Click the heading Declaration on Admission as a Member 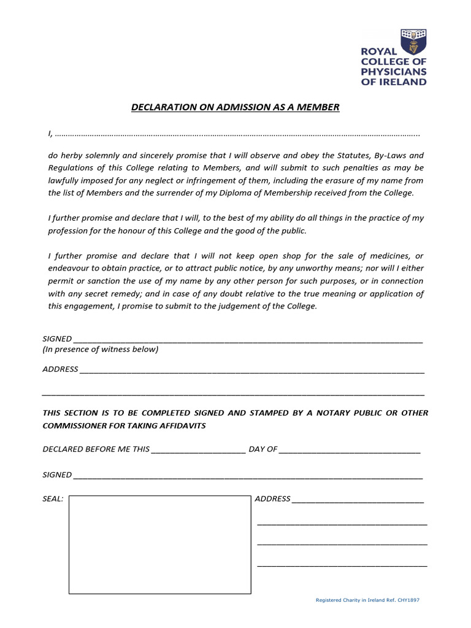pyautogui.click(x=235, y=107)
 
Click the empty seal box pyautogui.click(x=159, y=545)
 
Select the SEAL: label pyautogui.click(x=53, y=499)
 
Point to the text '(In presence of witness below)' pyautogui.click(x=101, y=350)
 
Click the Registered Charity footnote pyautogui.click(x=367, y=600)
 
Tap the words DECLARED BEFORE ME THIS pyautogui.click(x=96, y=449)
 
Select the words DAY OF pyautogui.click(x=263, y=449)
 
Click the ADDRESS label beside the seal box pyautogui.click(x=272, y=499)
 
